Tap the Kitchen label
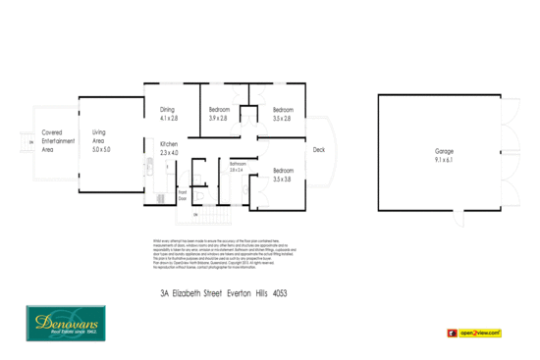[170, 145]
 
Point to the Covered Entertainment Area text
[54, 141]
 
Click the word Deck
[318, 150]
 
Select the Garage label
[445, 150]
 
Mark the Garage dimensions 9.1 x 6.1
[445, 158]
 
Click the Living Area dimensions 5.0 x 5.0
[101, 150]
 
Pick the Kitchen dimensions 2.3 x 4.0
[170, 153]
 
